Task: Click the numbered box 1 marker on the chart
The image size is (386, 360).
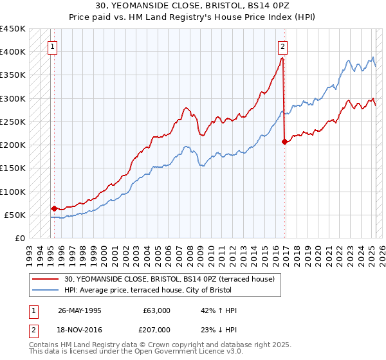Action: tap(51, 46)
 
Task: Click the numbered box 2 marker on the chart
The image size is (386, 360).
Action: tap(281, 46)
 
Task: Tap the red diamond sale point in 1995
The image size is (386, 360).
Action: tap(54, 208)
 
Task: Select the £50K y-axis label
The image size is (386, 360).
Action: tap(15, 215)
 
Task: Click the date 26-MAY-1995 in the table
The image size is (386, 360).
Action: tap(80, 310)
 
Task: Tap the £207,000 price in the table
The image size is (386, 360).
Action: tap(157, 328)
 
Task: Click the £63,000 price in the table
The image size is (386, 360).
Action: tap(157, 310)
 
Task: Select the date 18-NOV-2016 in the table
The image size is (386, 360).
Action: tap(80, 328)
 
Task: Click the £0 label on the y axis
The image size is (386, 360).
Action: tap(19, 238)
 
